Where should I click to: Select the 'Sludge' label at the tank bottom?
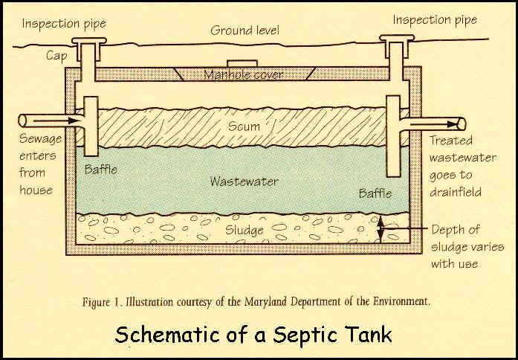(245, 230)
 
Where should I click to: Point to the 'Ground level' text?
(245, 30)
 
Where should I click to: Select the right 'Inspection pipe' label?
(435, 20)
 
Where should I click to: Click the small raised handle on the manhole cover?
(240, 64)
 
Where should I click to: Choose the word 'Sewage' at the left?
(42, 140)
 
